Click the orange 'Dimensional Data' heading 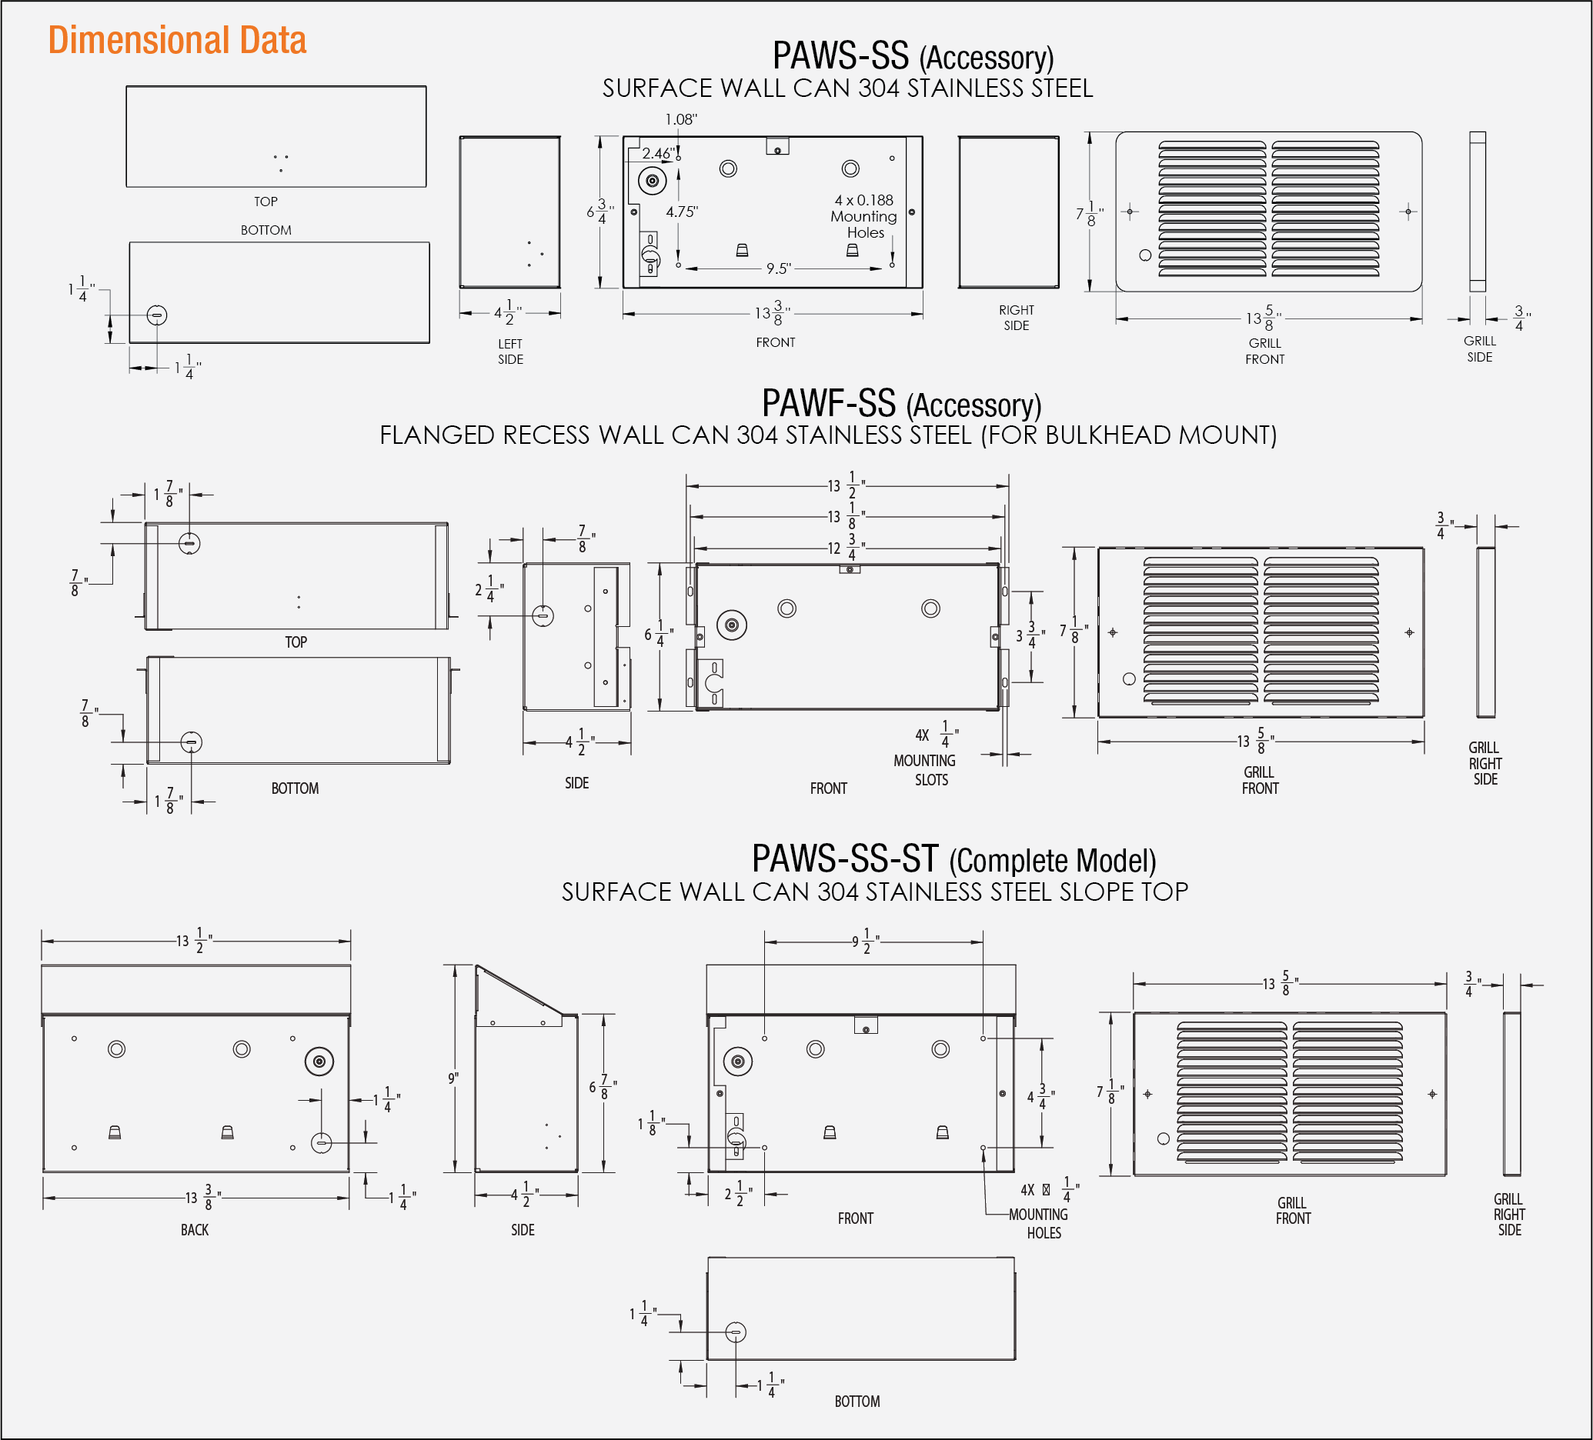click(177, 40)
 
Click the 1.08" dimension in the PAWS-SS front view click(680, 119)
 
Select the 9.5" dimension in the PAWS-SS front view click(778, 268)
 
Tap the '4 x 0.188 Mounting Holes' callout click(863, 216)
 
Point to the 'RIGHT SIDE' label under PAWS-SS click(1016, 318)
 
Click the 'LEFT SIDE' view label click(510, 352)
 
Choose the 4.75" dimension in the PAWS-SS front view click(682, 212)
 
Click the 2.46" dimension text click(658, 153)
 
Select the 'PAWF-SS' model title click(828, 404)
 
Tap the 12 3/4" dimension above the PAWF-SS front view click(844, 548)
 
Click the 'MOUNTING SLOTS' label click(925, 770)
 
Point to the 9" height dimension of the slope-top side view click(453, 1078)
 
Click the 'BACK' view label click(195, 1230)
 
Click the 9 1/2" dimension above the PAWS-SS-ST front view click(863, 942)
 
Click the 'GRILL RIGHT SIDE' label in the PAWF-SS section click(1484, 763)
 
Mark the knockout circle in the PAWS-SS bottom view click(157, 315)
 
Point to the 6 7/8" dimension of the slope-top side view click(602, 1088)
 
